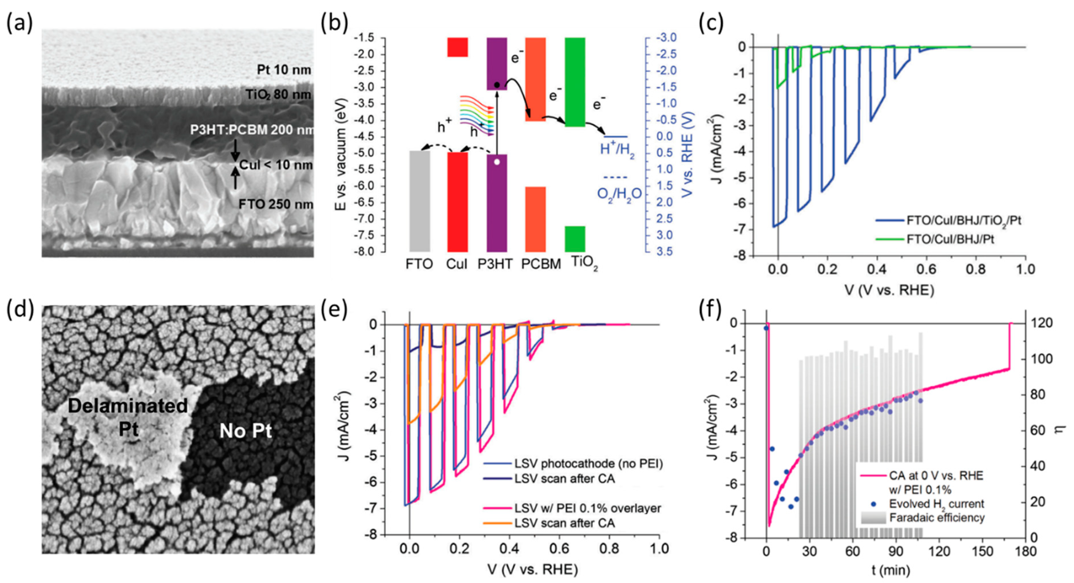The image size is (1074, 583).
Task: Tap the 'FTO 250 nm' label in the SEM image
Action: (x=276, y=204)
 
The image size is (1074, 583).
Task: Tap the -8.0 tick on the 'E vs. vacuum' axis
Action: (x=367, y=251)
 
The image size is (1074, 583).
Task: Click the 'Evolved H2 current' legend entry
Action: (x=936, y=504)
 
